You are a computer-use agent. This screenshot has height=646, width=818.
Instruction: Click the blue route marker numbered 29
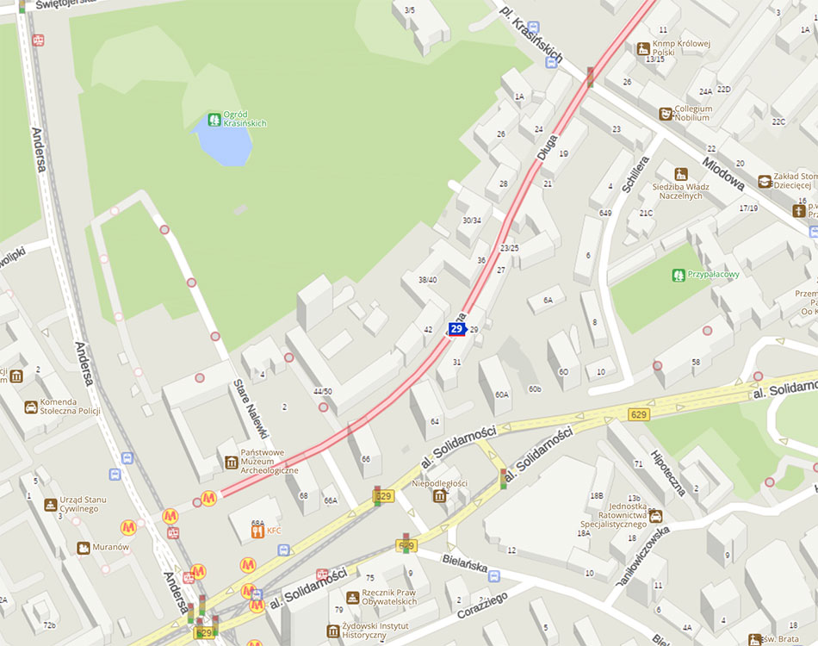click(456, 329)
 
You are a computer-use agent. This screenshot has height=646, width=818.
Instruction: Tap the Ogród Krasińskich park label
click(245, 119)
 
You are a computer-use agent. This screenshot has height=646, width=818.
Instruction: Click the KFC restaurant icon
click(257, 531)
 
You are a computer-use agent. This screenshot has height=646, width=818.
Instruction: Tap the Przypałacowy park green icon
click(679, 275)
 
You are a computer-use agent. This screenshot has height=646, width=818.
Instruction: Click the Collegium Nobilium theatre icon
click(666, 114)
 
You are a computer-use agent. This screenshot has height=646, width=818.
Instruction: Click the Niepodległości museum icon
click(440, 496)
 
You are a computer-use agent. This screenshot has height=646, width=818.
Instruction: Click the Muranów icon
click(84, 547)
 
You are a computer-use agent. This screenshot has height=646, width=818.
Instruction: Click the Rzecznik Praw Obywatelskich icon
click(352, 597)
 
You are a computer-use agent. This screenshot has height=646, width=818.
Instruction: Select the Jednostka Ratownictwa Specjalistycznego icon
click(656, 515)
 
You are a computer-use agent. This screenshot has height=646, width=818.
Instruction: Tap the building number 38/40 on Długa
click(427, 280)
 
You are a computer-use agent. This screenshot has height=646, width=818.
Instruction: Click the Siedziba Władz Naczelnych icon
click(681, 174)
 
